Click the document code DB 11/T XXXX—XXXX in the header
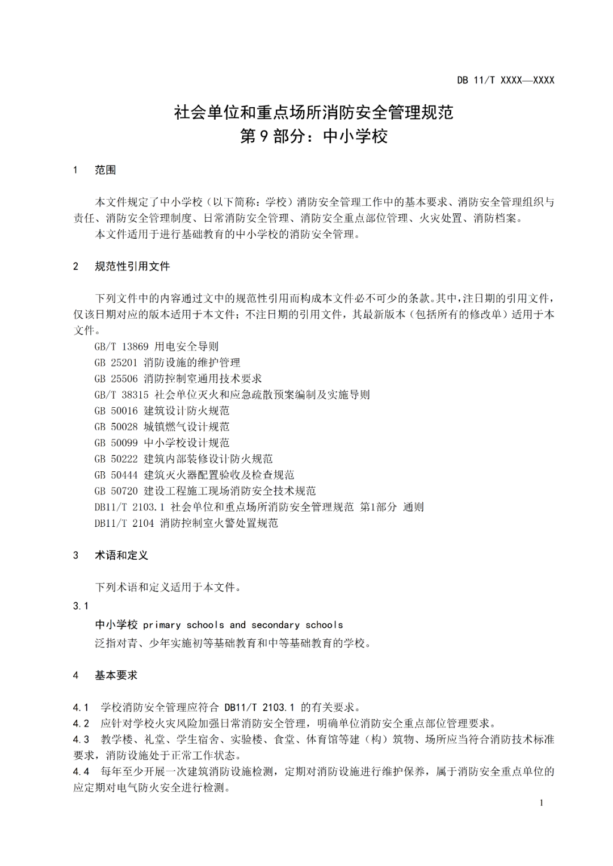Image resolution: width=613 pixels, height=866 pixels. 505,81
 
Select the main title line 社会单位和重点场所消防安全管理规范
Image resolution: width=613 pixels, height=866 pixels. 313,112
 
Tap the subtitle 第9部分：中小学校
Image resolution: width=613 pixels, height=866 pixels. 313,136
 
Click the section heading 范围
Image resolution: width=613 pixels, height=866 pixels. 105,170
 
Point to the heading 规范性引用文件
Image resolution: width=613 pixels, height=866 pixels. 132,267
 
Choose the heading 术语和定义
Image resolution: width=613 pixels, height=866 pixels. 121,556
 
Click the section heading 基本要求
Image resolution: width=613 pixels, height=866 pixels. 116,675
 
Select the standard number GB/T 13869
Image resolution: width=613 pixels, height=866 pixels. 121,347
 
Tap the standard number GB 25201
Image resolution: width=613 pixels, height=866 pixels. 116,363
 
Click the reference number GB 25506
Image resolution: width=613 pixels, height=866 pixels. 116,379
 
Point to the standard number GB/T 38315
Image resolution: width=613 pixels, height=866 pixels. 121,395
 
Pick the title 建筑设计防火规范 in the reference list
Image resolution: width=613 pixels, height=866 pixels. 187,411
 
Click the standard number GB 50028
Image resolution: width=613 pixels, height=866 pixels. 116,427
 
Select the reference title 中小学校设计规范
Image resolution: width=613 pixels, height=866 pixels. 187,443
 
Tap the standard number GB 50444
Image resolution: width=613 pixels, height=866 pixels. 116,475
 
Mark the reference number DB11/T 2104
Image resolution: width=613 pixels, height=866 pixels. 124,523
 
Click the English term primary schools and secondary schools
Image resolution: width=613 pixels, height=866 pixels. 243,625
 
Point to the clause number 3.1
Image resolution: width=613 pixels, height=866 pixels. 81,606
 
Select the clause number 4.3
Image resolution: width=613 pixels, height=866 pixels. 81,740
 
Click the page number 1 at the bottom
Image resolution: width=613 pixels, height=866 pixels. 541,803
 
